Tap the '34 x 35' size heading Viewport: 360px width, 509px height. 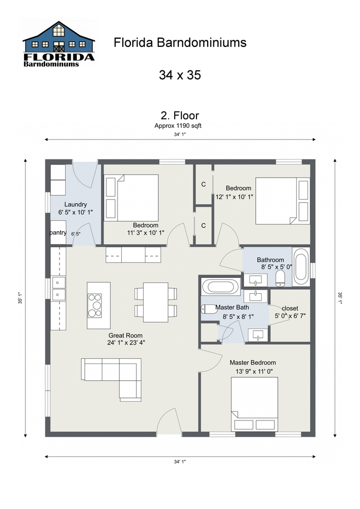point(180,75)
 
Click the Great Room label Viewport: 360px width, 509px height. point(125,335)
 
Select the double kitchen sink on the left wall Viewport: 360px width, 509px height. point(59,288)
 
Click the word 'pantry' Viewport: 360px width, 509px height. point(59,233)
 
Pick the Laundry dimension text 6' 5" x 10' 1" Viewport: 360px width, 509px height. point(75,212)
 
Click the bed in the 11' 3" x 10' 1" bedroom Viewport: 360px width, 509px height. point(131,198)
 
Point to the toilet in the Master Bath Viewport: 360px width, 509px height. point(208,308)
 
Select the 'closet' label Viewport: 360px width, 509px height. point(290,308)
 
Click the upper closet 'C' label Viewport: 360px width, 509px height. point(203,184)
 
